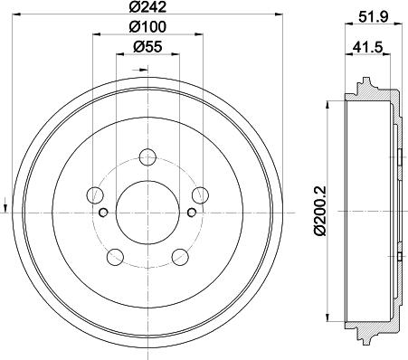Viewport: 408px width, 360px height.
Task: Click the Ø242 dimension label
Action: click(x=147, y=6)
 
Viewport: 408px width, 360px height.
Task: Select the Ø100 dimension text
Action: click(x=147, y=27)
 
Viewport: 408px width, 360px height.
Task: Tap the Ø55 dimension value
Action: click(x=147, y=46)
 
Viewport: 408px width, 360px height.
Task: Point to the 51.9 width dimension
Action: click(x=373, y=17)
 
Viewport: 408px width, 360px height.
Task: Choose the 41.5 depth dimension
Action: click(x=368, y=47)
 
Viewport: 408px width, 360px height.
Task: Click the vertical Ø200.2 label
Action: click(x=320, y=210)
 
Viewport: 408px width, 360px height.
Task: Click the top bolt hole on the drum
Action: click(x=147, y=157)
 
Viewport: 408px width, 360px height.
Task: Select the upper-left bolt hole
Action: click(x=95, y=195)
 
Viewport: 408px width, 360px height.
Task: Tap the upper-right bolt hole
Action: click(x=201, y=195)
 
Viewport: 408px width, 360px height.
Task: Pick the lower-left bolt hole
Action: click(x=116, y=257)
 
